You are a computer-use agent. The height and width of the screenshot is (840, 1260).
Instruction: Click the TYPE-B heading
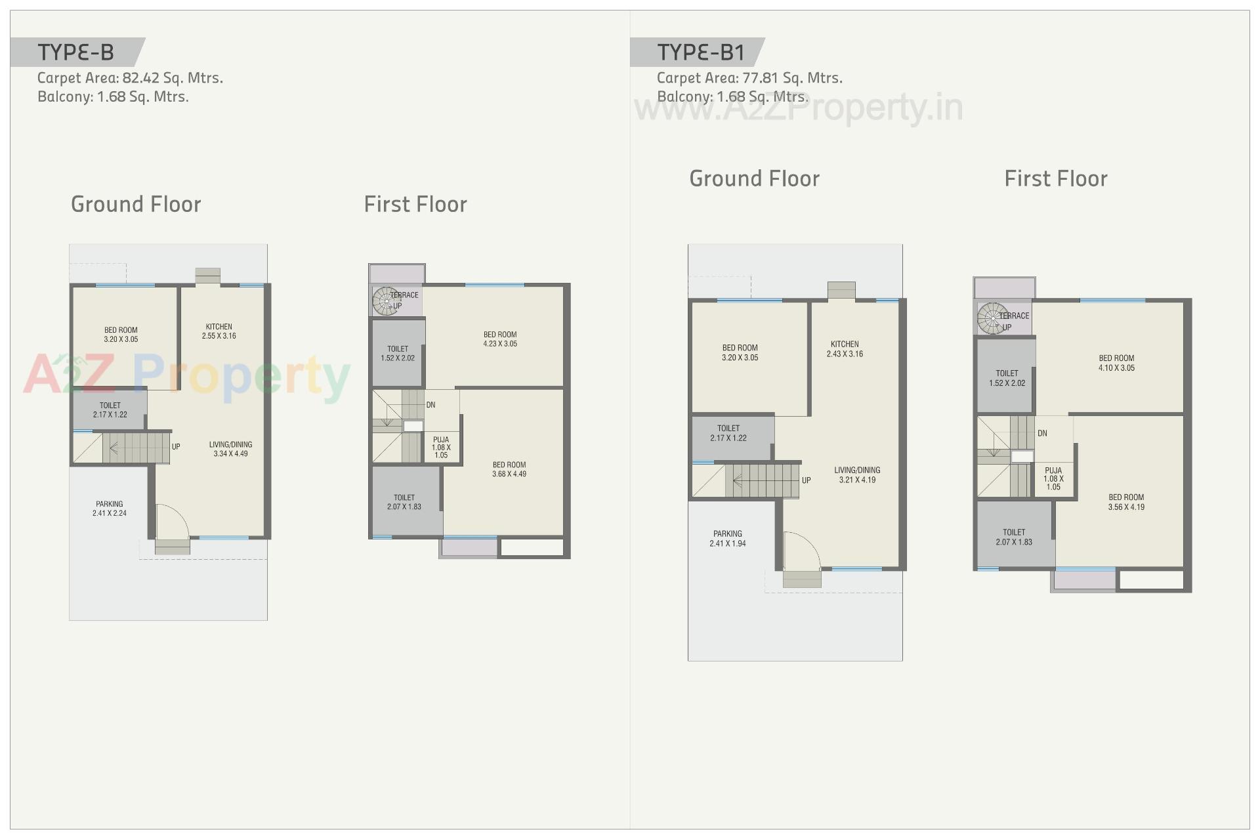[76, 52]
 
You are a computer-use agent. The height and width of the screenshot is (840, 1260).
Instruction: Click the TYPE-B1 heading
[700, 52]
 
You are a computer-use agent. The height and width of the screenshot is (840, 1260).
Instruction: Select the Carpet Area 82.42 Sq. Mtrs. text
[130, 78]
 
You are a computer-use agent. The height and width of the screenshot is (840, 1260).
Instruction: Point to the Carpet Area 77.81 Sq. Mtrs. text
[749, 78]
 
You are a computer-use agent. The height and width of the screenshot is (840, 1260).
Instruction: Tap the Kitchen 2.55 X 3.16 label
[219, 331]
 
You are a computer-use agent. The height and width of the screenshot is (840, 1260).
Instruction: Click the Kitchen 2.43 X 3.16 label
[845, 349]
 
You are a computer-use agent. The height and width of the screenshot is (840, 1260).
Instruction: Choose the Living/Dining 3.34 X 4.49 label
[230, 449]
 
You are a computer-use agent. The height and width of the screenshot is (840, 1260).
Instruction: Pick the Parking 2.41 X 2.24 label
[110, 509]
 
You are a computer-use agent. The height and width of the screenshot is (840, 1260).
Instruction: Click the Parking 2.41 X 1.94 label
[728, 539]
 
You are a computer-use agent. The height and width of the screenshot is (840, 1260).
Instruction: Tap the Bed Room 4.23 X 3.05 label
[500, 339]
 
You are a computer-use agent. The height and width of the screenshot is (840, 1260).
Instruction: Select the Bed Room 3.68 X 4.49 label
[509, 469]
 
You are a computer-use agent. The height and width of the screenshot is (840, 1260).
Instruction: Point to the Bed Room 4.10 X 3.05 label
[1116, 363]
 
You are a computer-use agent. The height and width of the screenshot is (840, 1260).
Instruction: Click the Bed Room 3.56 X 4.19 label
[1126, 502]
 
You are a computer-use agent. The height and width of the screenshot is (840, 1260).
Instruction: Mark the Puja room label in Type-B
[441, 447]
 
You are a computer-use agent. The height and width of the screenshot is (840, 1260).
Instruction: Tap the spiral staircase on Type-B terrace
[385, 301]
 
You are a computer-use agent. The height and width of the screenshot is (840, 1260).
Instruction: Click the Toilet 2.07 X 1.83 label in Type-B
[404, 502]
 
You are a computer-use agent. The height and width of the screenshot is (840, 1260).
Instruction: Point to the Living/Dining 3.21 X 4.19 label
[857, 475]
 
